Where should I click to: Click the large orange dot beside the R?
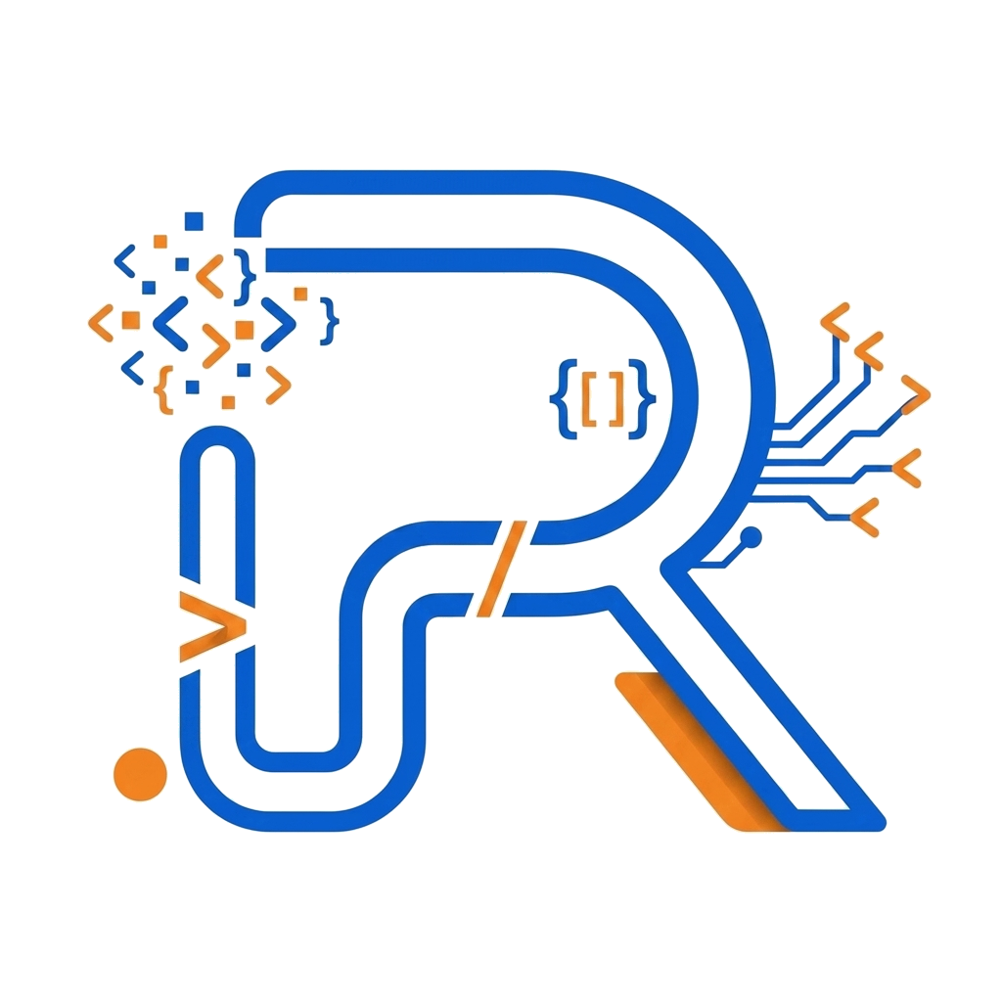coord(140,774)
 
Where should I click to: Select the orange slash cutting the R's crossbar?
coord(502,569)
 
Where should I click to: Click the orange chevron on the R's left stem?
coord(212,626)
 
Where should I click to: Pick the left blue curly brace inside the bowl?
coord(564,399)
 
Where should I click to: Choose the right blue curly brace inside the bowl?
coord(642,399)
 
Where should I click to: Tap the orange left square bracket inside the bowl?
coord(589,400)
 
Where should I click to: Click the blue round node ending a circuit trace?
coord(751,537)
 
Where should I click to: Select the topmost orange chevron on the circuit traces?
coord(835,321)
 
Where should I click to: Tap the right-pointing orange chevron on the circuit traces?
coord(916,394)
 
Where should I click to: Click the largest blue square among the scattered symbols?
coord(194,221)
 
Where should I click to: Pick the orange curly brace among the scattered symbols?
coord(163,389)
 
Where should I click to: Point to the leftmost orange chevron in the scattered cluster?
coord(101,323)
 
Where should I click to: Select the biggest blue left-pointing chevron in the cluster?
coord(170,324)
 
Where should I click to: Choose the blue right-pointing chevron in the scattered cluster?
coord(279,324)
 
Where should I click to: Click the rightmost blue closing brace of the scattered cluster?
coord(330,321)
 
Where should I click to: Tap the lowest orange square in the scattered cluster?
coord(228,402)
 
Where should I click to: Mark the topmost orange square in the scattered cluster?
coord(160,242)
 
